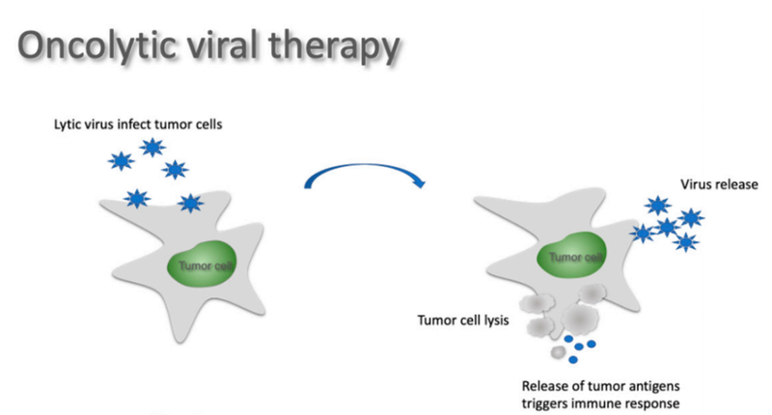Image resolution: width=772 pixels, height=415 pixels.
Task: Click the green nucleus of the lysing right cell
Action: [x=574, y=257]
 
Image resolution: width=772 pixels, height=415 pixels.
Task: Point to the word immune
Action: [x=602, y=401]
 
